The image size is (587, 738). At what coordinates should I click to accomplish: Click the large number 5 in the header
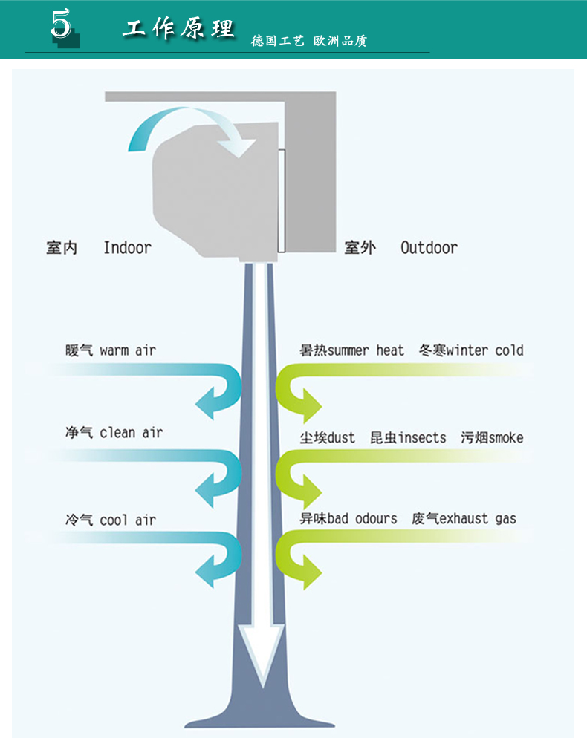[x=61, y=25]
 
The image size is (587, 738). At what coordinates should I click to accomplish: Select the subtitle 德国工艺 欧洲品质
[x=308, y=41]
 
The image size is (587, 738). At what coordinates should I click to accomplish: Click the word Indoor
[x=127, y=248]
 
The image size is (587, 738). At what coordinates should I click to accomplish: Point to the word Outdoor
[x=429, y=248]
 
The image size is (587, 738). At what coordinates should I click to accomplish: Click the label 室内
[x=62, y=248]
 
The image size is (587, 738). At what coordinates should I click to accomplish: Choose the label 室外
[x=360, y=248]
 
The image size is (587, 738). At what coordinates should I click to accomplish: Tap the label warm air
[x=128, y=350]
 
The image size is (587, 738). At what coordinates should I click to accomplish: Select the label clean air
[x=131, y=432]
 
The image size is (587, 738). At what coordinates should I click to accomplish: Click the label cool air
[x=128, y=520]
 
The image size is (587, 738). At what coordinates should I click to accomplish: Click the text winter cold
[x=485, y=350]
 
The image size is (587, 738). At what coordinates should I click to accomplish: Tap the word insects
[x=422, y=437]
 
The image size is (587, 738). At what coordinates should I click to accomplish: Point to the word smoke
[x=505, y=437]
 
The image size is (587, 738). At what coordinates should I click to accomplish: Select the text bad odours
[x=362, y=518]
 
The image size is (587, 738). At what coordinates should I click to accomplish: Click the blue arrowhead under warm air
[x=207, y=406]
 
